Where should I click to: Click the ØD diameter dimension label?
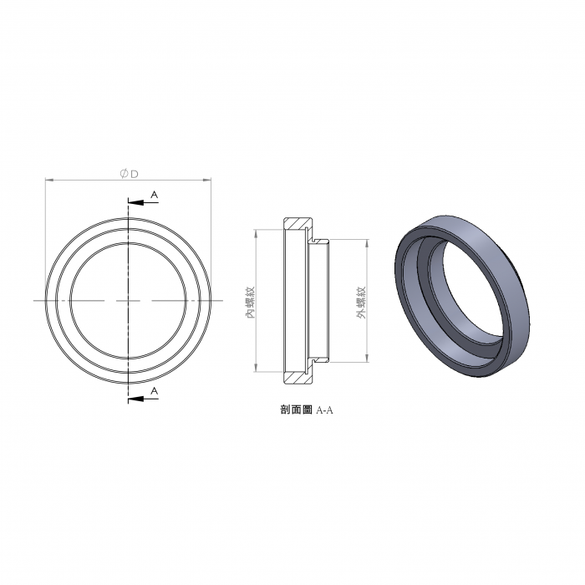coord(129,174)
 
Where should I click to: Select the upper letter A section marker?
coord(154,195)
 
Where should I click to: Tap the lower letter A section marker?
coord(154,391)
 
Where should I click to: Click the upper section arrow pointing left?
coord(143,202)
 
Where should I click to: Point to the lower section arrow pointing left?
coord(143,399)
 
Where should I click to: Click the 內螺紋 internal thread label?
coord(250,303)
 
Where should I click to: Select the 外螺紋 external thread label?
coord(361,303)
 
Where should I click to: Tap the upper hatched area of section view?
coord(298,223)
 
